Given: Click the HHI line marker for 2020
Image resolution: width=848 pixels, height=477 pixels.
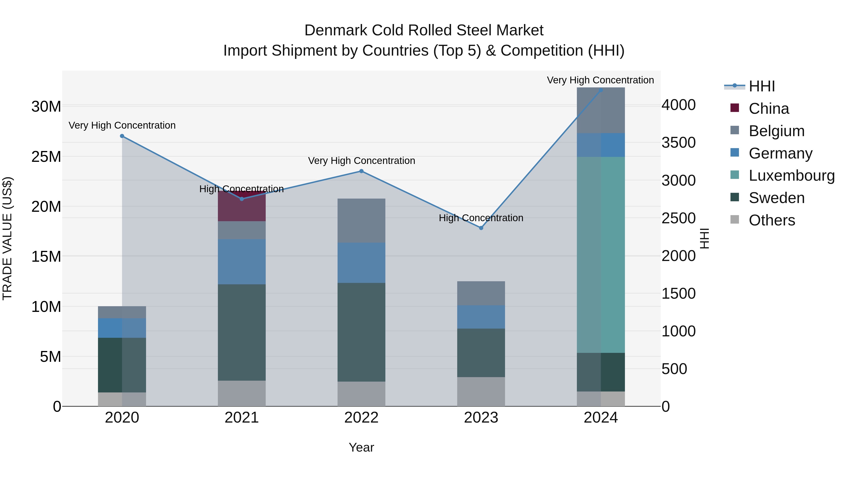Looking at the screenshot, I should (x=122, y=136).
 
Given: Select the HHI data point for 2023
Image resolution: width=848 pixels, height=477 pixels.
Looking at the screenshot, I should (x=481, y=228).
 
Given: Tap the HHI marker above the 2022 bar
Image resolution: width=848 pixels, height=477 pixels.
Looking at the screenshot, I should (x=361, y=171).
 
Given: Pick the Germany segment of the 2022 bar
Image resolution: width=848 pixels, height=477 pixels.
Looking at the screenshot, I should (x=361, y=263).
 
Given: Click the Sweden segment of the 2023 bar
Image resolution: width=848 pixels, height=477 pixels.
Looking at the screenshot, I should (x=481, y=353).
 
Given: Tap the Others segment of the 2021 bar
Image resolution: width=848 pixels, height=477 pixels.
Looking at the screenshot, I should (x=242, y=393).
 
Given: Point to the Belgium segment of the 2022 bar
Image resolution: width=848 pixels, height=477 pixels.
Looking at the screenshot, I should (x=361, y=220).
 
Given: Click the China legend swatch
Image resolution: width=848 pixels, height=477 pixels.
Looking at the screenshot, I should (x=735, y=108).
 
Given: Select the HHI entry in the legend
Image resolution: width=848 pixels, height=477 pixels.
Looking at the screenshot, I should (x=761, y=86).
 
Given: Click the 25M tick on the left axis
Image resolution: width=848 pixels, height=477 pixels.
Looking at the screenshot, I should (x=46, y=157).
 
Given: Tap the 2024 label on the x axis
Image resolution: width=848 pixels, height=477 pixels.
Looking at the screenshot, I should (x=601, y=418).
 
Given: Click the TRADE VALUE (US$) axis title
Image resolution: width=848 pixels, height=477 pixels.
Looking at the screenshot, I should (x=7, y=238).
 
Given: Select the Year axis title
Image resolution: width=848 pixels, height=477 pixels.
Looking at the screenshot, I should (x=361, y=447).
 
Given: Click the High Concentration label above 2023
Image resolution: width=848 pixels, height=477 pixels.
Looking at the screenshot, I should (x=481, y=218).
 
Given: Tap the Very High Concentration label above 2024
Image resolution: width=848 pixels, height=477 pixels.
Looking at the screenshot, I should (x=600, y=80).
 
